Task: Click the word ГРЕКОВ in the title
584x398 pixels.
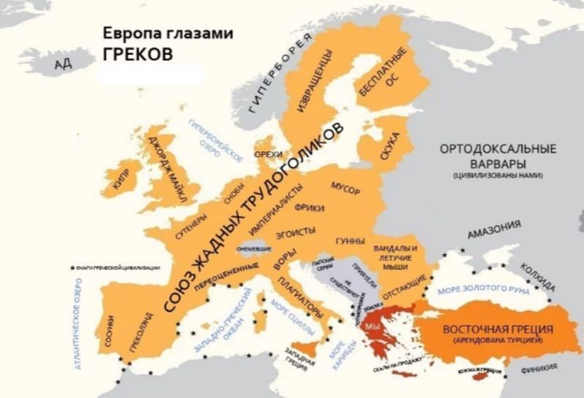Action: (137, 54)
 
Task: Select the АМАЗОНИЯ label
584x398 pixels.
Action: (494, 229)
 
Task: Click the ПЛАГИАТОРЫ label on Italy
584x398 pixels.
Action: (300, 299)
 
